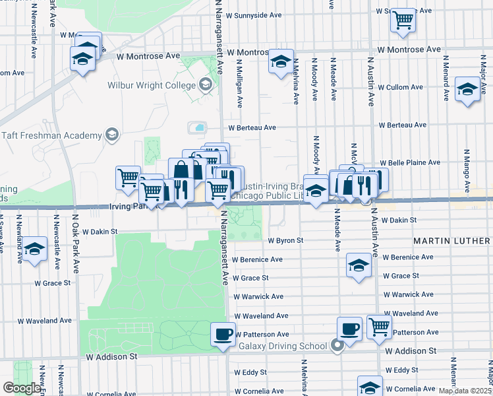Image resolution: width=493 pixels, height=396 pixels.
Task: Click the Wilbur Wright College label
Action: tap(151, 84)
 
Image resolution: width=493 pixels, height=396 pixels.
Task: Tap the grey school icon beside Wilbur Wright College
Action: tap(206, 84)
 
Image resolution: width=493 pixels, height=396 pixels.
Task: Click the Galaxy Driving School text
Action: tap(283, 346)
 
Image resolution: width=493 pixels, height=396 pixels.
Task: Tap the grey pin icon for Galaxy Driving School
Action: tap(337, 345)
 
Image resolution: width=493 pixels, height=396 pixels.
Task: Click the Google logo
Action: tap(22, 388)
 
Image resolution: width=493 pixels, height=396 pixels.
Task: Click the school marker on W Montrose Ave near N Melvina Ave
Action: tap(281, 62)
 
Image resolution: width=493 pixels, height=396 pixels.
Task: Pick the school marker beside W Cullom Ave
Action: tap(467, 90)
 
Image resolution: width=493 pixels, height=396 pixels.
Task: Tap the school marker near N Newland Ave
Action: tap(34, 249)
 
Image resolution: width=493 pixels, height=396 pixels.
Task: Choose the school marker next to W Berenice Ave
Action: tap(359, 265)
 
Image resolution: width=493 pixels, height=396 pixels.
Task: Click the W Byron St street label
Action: tap(285, 241)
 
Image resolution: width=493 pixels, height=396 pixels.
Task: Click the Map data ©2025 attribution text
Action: tap(464, 391)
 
